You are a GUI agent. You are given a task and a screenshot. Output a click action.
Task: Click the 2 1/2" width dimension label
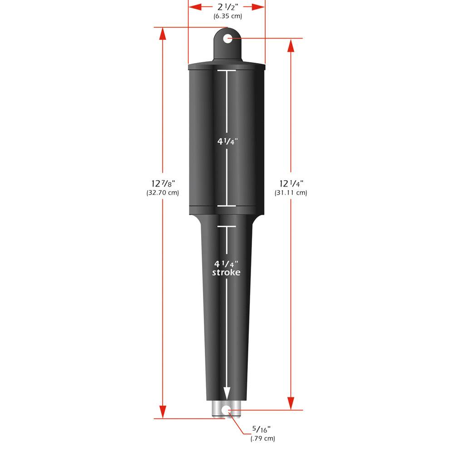(x=227, y=7)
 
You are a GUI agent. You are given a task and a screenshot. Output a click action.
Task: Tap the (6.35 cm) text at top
(x=227, y=16)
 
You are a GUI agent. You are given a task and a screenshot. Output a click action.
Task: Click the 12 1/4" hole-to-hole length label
(x=291, y=183)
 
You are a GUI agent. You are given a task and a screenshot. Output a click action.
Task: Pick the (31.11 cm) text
(x=291, y=192)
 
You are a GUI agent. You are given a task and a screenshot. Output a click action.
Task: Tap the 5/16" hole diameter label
(x=262, y=429)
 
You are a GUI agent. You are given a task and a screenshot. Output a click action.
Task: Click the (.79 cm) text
(x=262, y=438)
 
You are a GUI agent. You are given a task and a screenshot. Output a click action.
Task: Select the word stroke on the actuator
(x=227, y=272)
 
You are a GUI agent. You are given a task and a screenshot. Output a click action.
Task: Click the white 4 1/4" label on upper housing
(x=227, y=141)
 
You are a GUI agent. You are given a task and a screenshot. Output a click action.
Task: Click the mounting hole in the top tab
(x=227, y=39)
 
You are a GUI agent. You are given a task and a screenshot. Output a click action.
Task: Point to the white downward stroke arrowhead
(x=227, y=393)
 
